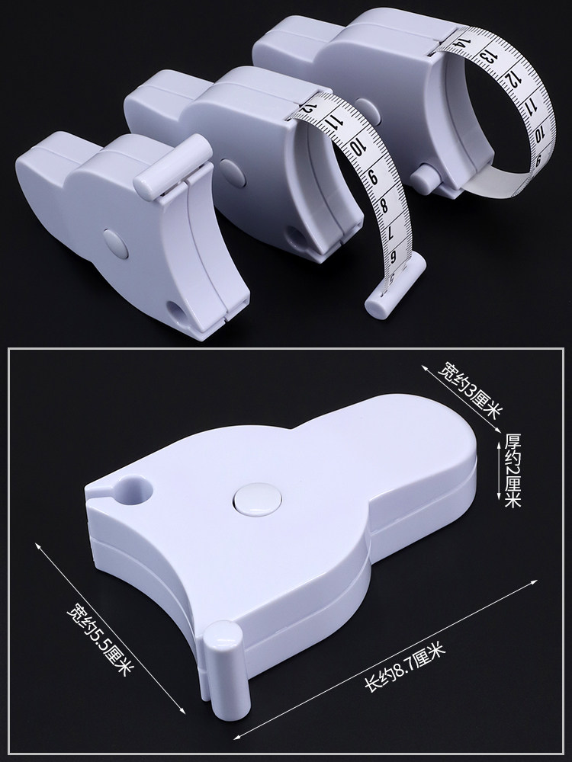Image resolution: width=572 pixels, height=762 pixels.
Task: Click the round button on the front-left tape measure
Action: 115,243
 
